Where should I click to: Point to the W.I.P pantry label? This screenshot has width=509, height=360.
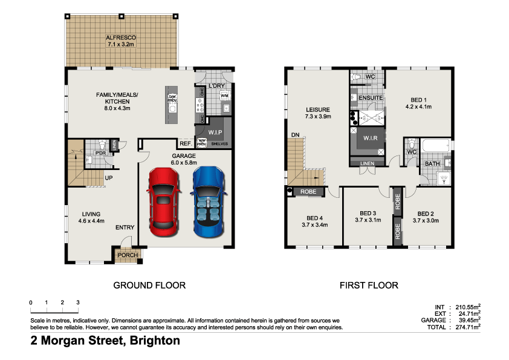[215, 133]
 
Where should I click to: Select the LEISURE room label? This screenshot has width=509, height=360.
[318, 110]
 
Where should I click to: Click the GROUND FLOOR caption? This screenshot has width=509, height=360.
[149, 285]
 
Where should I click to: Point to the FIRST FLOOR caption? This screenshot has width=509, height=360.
[369, 285]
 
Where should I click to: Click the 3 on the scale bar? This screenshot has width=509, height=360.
[78, 302]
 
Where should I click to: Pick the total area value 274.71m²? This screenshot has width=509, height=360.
[465, 327]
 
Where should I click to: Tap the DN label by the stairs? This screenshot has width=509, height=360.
[295, 134]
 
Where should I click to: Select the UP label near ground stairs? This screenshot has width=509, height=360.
[109, 178]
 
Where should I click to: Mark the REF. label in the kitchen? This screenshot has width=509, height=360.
[185, 143]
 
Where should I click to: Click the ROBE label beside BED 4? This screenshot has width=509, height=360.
[308, 192]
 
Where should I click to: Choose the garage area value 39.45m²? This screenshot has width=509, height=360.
[467, 320]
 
